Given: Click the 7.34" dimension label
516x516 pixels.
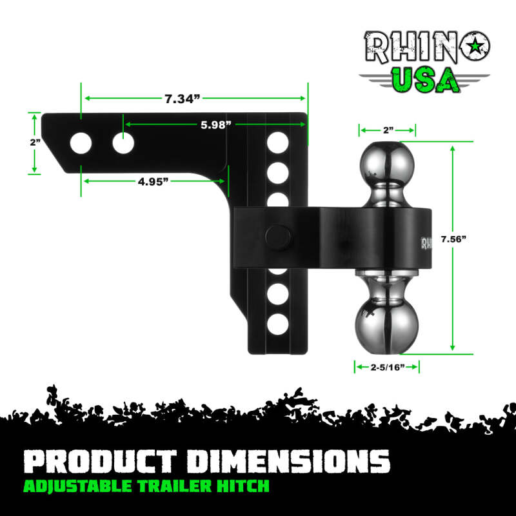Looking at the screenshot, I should (183, 99).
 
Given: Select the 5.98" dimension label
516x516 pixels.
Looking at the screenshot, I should (215, 124).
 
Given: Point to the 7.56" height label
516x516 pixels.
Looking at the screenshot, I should (452, 239).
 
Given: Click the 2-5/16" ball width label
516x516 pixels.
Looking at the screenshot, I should (386, 366).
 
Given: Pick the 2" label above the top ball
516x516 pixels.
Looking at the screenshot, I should (388, 130).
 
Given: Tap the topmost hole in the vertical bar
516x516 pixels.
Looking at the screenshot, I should (277, 141).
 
